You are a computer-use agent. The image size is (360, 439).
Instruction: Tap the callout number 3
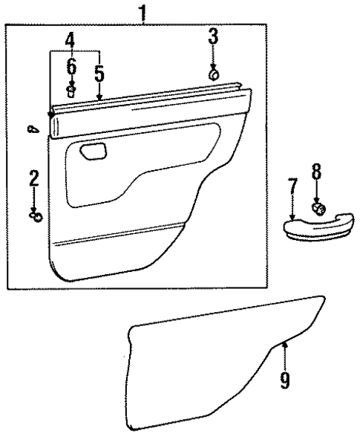click(x=213, y=36)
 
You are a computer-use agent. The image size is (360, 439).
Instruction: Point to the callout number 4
click(x=70, y=39)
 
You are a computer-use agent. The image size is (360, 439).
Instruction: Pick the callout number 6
click(x=71, y=67)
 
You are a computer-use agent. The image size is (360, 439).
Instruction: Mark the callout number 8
click(x=316, y=172)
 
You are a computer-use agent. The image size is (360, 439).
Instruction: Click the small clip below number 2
click(x=35, y=216)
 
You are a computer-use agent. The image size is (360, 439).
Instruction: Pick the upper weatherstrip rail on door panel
click(x=148, y=104)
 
